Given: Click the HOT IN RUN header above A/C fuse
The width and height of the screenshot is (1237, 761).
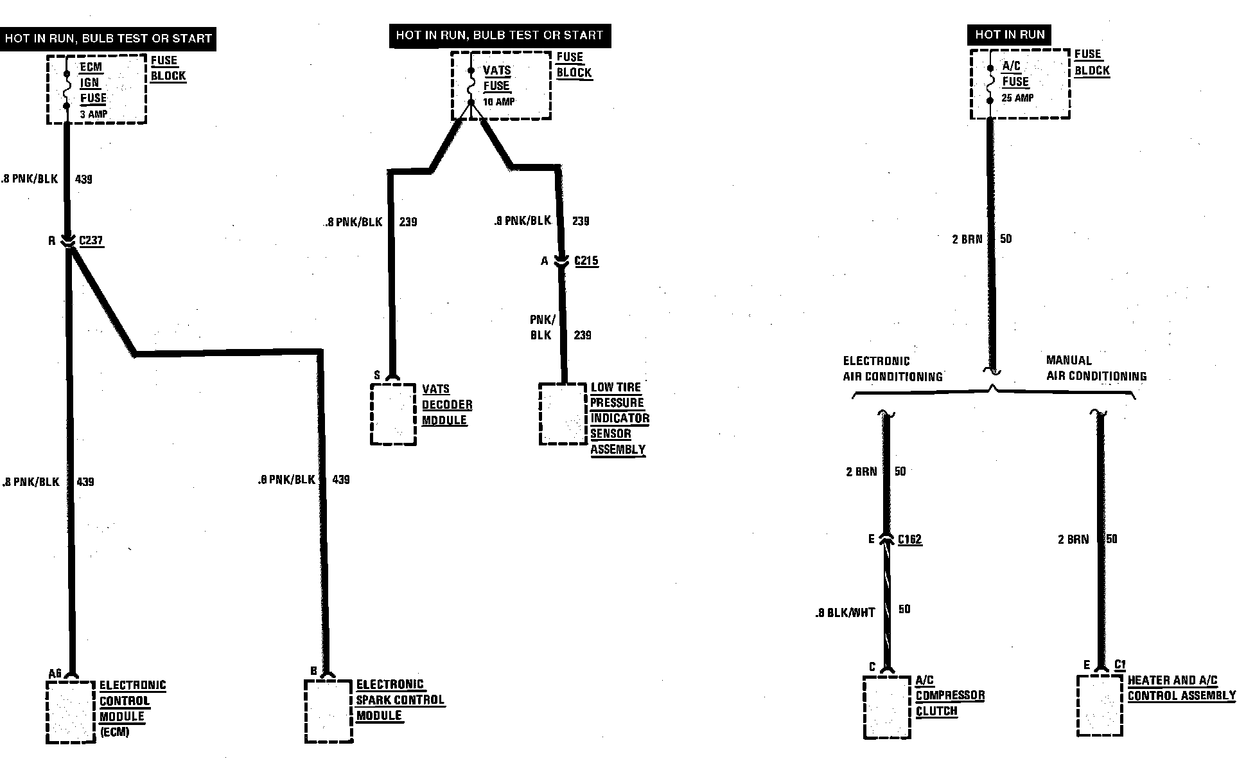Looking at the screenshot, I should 1010,35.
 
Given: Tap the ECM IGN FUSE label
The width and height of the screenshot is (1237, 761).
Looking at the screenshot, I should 92,83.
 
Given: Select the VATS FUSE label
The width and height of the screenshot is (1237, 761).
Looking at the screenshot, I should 496,78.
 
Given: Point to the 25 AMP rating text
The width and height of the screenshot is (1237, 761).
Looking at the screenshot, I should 1017,98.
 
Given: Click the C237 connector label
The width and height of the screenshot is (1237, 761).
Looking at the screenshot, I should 91,241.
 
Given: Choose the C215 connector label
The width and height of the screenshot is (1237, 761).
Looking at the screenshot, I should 586,261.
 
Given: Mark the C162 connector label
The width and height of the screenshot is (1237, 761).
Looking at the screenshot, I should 909,540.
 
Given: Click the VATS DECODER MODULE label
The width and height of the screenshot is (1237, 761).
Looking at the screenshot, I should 446,405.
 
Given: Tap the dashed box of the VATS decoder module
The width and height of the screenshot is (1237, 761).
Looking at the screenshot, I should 393,415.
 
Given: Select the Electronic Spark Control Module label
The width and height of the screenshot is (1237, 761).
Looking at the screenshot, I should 399,700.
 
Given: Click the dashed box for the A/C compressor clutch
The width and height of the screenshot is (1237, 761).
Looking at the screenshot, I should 887,707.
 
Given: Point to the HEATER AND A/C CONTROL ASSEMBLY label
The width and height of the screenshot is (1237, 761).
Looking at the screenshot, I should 1180,688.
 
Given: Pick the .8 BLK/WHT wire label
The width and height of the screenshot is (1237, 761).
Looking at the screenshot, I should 845,613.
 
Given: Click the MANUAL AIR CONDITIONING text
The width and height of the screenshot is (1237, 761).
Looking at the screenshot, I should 1096,368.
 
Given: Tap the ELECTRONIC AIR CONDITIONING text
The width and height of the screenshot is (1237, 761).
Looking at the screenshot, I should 892,369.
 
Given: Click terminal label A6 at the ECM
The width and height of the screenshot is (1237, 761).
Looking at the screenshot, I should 55,674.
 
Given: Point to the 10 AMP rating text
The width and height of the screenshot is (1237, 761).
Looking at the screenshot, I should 499,102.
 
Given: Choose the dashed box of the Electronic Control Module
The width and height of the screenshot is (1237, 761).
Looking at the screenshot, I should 71,712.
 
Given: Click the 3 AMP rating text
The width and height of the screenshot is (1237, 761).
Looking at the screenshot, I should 94,114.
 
